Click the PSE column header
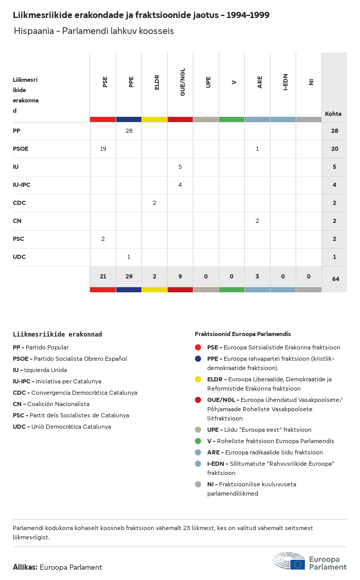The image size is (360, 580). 105,82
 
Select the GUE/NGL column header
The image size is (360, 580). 182,82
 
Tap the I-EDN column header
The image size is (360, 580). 285,82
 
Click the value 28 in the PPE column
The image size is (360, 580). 129,131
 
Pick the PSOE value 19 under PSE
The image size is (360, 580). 103,149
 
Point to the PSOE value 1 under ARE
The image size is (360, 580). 257,149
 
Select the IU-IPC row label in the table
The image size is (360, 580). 22,185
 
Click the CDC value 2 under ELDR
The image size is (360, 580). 154,203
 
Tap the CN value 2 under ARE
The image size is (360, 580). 257,221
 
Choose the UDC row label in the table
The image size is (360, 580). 19,257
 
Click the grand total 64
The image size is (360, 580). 336,279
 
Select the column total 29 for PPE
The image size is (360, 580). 129,276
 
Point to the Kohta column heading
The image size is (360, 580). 333,114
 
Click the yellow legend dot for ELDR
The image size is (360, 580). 198,379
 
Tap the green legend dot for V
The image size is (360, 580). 198,441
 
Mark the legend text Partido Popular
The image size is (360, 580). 47,347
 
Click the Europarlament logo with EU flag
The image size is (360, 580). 310,562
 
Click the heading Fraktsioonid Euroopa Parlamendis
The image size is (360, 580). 243,334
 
